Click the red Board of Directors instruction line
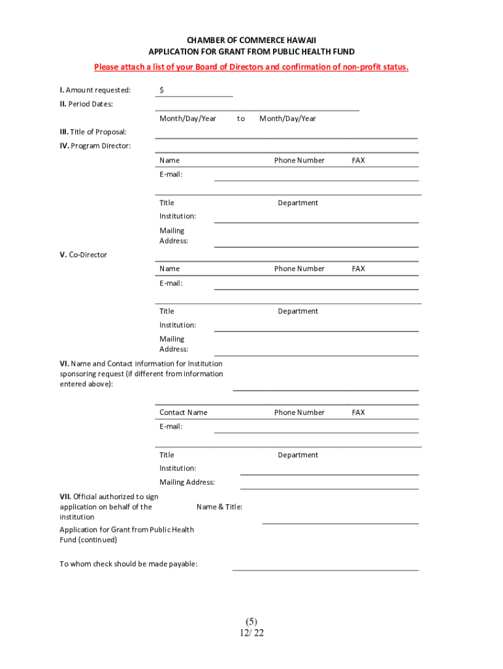tap(251, 67)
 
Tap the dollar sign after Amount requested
tap(161, 90)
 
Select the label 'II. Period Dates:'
tap(86, 104)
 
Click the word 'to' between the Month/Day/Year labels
tap(241, 118)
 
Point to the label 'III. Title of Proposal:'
tap(93, 132)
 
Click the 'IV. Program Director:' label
tap(95, 146)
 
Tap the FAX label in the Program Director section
tap(358, 160)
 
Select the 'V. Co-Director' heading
tap(84, 254)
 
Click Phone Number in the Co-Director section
tap(299, 269)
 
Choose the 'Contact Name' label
tap(184, 412)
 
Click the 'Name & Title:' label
tap(219, 506)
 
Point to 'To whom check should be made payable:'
tap(129, 564)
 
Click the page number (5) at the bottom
tap(252, 621)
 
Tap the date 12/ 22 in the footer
tap(252, 632)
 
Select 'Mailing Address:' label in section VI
tap(187, 482)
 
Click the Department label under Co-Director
tap(298, 311)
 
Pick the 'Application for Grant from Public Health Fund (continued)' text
tap(127, 534)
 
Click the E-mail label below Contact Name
tap(171, 427)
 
